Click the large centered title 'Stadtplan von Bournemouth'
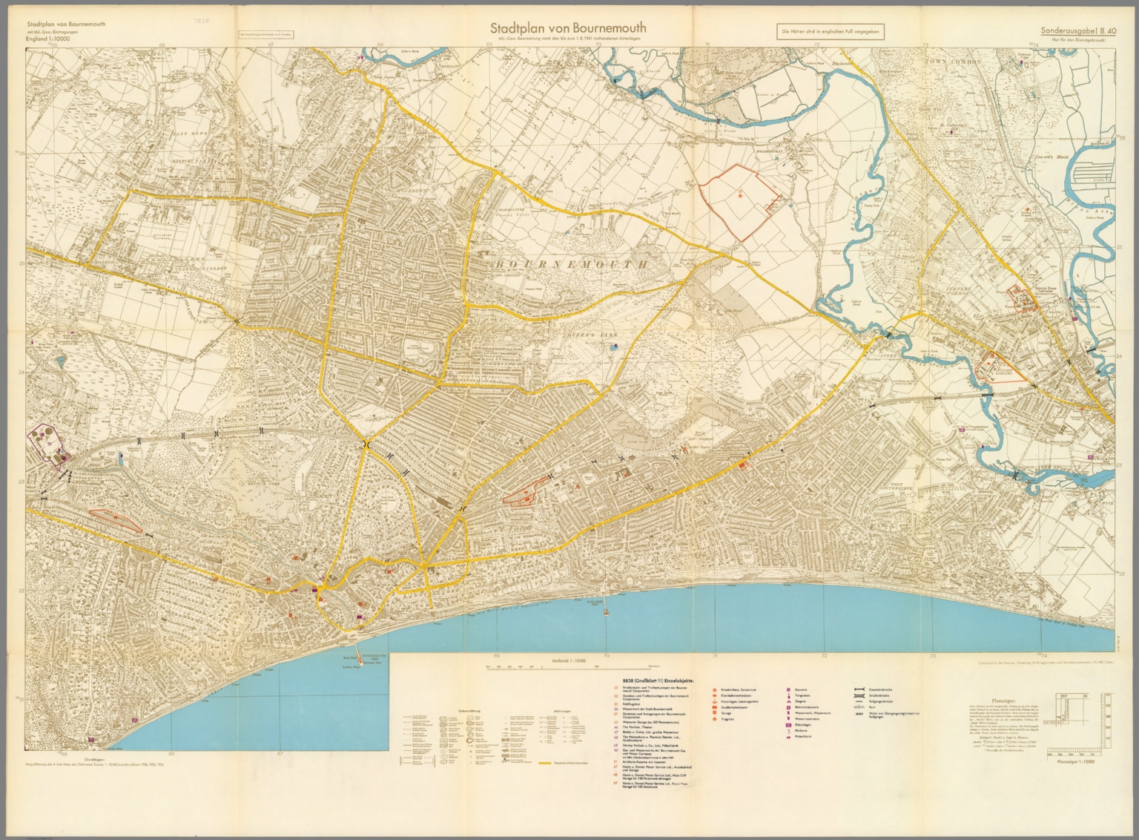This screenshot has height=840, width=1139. click(569, 28)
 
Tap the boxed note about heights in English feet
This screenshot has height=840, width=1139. click(831, 32)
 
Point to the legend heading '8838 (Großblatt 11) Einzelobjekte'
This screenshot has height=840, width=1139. click(653, 679)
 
